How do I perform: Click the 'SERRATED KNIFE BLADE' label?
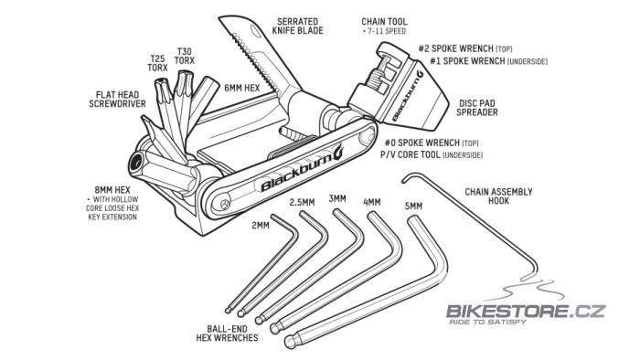[297, 26]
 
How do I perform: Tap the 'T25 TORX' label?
[157, 63]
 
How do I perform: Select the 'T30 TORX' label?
[184, 56]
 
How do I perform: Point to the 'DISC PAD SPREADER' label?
[476, 108]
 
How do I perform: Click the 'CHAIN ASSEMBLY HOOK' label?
[498, 196]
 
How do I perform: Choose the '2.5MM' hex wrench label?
[302, 202]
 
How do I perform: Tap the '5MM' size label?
[413, 206]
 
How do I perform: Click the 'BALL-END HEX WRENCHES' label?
[227, 334]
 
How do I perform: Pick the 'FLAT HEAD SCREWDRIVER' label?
[117, 99]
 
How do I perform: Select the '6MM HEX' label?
[242, 88]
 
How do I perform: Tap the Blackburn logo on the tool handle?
[303, 168]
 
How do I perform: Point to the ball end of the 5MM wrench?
[290, 341]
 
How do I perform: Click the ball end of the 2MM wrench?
[229, 310]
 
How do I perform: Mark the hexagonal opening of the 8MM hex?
[136, 164]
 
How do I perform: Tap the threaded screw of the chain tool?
[378, 72]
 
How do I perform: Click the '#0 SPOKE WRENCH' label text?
[422, 143]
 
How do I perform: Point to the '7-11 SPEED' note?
[385, 31]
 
